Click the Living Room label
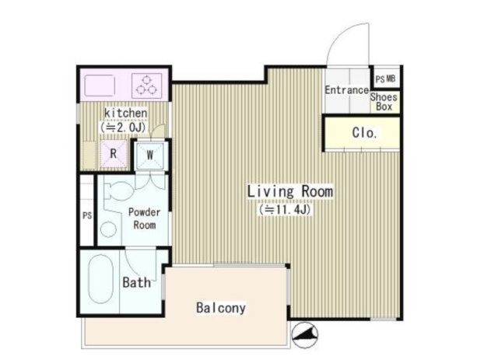click(290, 191)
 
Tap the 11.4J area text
click(285, 209)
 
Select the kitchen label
click(126, 113)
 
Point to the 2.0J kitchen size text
click(123, 128)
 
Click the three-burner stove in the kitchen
click(147, 85)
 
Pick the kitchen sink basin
click(99, 85)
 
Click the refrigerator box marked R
click(114, 154)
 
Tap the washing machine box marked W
click(150, 155)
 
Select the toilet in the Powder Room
click(119, 190)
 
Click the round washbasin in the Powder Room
click(109, 229)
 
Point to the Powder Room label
click(145, 218)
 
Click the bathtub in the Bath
click(100, 278)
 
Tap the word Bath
click(137, 282)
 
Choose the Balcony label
click(221, 308)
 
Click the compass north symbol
click(305, 335)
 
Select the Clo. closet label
click(364, 132)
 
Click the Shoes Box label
click(384, 102)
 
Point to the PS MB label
click(385, 79)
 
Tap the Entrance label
click(346, 90)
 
